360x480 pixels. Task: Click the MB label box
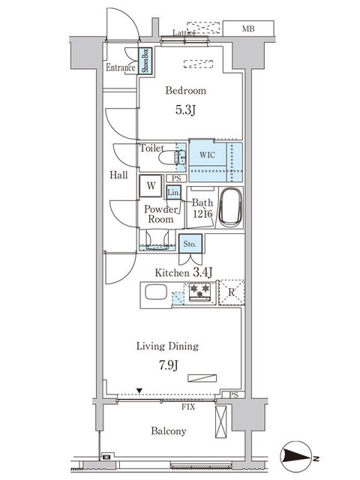tap(248, 28)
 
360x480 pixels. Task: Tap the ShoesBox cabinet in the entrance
tap(145, 61)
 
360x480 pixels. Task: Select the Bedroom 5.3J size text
tap(185, 110)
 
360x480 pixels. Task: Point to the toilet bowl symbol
tap(172, 158)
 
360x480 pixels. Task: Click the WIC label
tap(207, 155)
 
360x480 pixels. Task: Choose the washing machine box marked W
tap(151, 186)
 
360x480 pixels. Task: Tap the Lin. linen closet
tap(173, 193)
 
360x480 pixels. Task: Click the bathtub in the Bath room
tap(231, 207)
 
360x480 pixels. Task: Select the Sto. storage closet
tap(190, 244)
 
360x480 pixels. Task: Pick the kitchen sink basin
tap(156, 292)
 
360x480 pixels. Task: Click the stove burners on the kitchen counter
tap(199, 292)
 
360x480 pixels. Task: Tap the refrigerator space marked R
tap(232, 292)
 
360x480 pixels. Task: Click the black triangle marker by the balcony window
tap(139, 391)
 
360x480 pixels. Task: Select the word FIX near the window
tap(188, 406)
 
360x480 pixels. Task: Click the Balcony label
tap(169, 431)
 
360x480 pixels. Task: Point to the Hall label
tap(118, 175)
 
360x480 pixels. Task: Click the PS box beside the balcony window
tap(233, 395)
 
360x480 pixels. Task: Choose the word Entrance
tap(121, 67)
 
